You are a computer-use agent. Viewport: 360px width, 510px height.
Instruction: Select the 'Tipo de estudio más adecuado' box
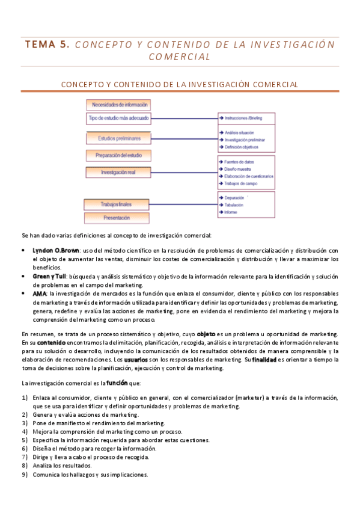118,118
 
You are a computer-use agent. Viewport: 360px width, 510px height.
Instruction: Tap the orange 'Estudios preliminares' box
119,138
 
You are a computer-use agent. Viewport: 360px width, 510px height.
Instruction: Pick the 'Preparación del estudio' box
118,156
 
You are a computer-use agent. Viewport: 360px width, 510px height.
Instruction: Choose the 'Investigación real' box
118,172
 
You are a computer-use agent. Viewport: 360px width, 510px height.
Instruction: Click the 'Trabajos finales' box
116,204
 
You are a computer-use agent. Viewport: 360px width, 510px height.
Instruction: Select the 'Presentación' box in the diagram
116,218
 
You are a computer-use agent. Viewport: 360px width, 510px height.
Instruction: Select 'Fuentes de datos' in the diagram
240,162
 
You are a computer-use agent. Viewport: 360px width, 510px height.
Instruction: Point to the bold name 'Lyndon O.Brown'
56,250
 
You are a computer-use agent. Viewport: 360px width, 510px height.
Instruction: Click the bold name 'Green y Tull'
49,275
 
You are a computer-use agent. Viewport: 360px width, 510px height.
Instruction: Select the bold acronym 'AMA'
39,293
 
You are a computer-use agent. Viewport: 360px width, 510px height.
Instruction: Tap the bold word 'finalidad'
264,360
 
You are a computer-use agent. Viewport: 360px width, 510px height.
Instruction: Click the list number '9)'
25,474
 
